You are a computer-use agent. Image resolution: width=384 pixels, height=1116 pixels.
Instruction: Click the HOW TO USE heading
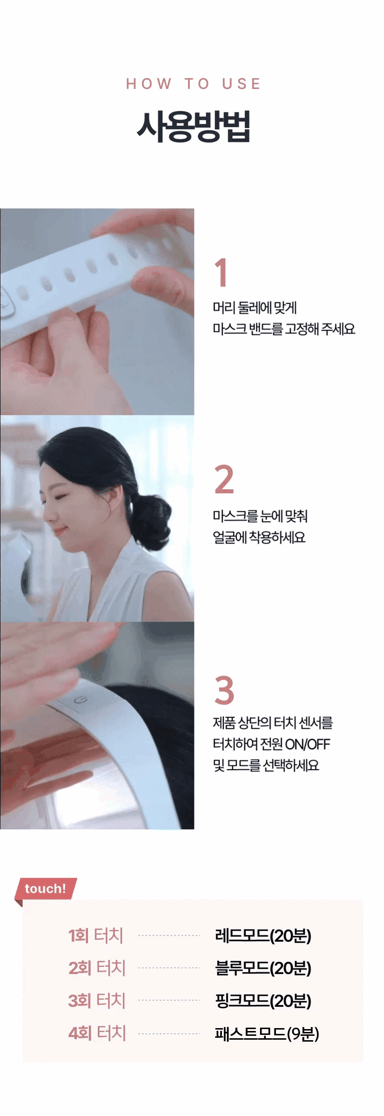pyautogui.click(x=193, y=84)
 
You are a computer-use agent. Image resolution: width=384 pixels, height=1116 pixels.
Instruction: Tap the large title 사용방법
pyautogui.click(x=193, y=127)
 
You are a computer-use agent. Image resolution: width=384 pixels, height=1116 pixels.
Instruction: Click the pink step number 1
pyautogui.click(x=221, y=272)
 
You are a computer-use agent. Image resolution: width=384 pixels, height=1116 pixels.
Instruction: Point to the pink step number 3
pyautogui.click(x=224, y=690)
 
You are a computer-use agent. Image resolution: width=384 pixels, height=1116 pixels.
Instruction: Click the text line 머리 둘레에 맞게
pyautogui.click(x=255, y=308)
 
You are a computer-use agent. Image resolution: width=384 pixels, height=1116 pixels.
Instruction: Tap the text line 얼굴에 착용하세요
pyautogui.click(x=259, y=537)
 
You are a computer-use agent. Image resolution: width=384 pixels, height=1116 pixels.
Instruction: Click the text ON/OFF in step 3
pyautogui.click(x=307, y=744)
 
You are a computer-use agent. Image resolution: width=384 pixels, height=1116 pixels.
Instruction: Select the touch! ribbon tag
pyautogui.click(x=46, y=889)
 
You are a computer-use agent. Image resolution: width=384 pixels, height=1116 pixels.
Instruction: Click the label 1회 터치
pyautogui.click(x=96, y=935)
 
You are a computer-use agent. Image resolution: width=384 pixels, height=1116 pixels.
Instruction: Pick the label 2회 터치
pyautogui.click(x=97, y=968)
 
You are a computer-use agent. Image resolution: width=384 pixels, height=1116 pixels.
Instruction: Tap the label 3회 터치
pyautogui.click(x=97, y=1001)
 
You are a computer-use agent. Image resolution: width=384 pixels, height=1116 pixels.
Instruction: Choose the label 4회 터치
pyautogui.click(x=97, y=1033)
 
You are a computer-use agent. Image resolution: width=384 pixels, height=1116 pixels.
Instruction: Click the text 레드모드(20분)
pyautogui.click(x=263, y=935)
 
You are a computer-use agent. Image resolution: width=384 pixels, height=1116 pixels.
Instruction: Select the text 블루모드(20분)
pyautogui.click(x=263, y=968)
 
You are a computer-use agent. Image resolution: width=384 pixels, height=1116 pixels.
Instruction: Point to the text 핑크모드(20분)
pyautogui.click(x=263, y=1001)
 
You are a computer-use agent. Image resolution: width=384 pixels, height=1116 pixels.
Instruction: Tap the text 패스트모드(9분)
pyautogui.click(x=267, y=1033)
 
